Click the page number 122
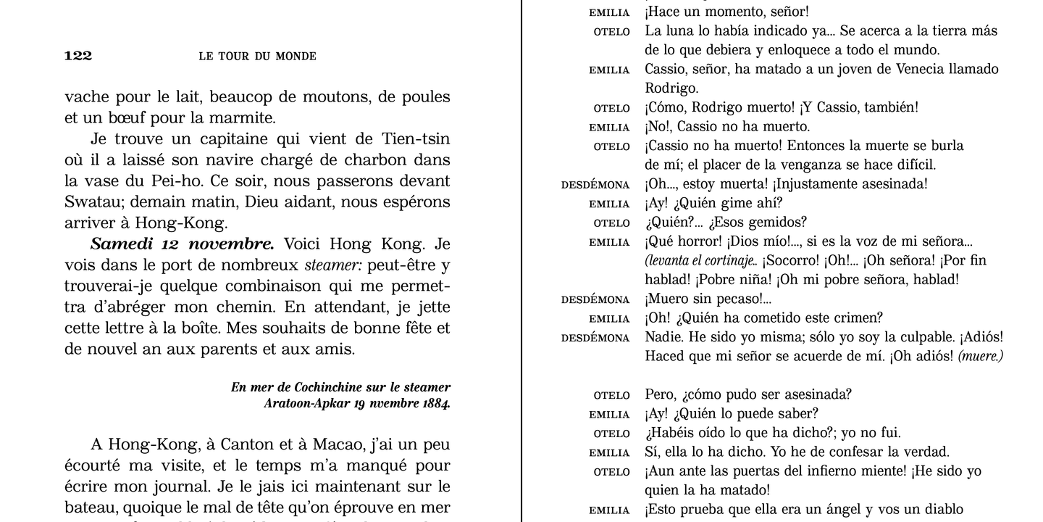coord(78,57)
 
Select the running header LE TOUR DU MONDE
coord(257,57)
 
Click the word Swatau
coord(91,202)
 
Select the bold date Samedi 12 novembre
coord(182,244)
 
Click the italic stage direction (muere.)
coord(980,357)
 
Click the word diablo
coord(942,510)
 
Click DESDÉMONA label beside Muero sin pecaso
coord(595,299)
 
